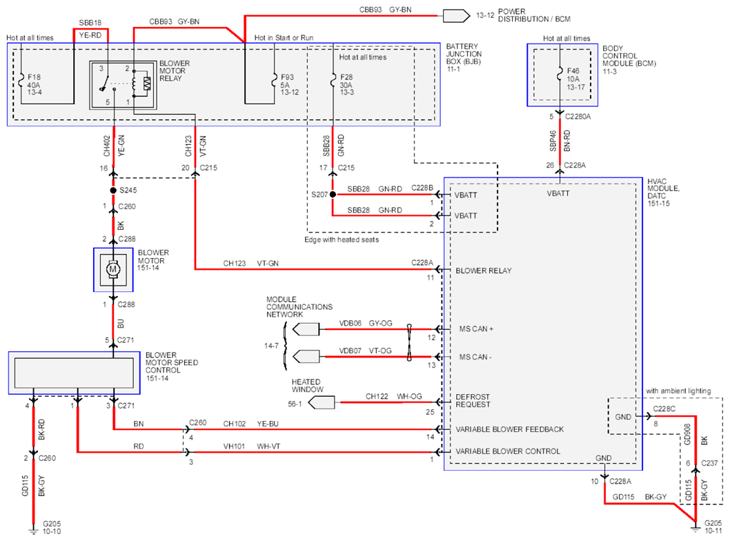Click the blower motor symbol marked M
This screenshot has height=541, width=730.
tap(112, 269)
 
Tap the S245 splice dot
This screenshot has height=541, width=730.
tap(113, 190)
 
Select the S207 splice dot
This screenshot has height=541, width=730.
tap(333, 194)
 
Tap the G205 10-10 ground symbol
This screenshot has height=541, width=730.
tap(33, 530)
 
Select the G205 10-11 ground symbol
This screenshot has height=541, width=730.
tap(695, 529)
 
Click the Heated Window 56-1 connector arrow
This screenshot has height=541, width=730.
tap(322, 403)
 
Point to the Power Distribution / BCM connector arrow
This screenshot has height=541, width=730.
tap(456, 16)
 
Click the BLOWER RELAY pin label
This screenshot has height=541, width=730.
tap(483, 270)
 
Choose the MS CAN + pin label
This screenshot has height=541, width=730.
tap(476, 328)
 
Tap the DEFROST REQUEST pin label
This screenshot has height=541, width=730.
tap(473, 401)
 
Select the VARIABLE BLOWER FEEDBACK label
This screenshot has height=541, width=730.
tap(509, 429)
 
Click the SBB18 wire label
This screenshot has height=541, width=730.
tap(90, 22)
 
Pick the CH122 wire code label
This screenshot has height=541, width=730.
tap(377, 396)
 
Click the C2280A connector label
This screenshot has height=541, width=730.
tap(578, 117)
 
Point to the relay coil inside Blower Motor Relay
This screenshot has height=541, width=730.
tap(134, 83)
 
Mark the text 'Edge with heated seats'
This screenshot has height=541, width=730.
tap(342, 239)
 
